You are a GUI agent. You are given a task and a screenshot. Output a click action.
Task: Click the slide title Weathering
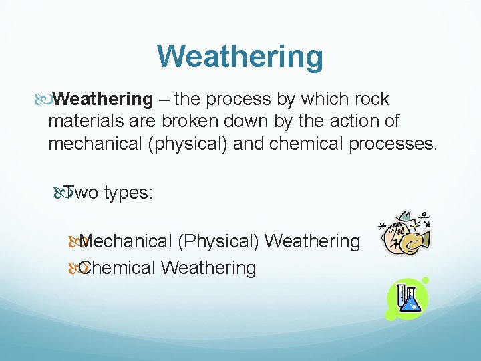point(240,56)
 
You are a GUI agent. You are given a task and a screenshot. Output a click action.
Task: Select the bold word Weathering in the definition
point(103,100)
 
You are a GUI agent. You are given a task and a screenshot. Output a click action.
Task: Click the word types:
point(129,193)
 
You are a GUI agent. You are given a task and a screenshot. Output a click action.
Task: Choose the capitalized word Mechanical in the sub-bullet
point(127,241)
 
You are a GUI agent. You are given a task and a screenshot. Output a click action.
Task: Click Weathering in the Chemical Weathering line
point(208,268)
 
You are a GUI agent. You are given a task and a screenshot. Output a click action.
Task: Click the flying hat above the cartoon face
point(404,217)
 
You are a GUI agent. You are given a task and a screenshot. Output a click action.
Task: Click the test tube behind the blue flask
point(401,294)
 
